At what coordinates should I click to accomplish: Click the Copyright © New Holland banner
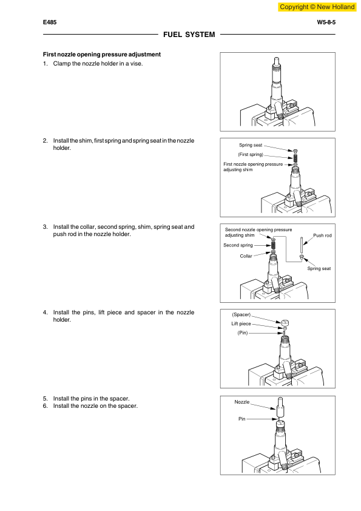(x=316, y=7)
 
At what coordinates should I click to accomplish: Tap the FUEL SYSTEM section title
(x=189, y=35)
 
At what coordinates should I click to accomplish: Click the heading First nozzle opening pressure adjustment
(x=101, y=55)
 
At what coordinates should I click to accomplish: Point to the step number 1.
(x=45, y=64)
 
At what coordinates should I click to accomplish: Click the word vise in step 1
(x=137, y=64)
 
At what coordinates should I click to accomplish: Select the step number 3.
(x=45, y=227)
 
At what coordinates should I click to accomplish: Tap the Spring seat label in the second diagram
(x=251, y=146)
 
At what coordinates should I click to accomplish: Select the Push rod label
(x=322, y=235)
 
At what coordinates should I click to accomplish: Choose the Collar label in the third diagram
(x=246, y=256)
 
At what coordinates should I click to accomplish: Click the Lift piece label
(x=241, y=324)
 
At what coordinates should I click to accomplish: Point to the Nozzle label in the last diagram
(x=242, y=402)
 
